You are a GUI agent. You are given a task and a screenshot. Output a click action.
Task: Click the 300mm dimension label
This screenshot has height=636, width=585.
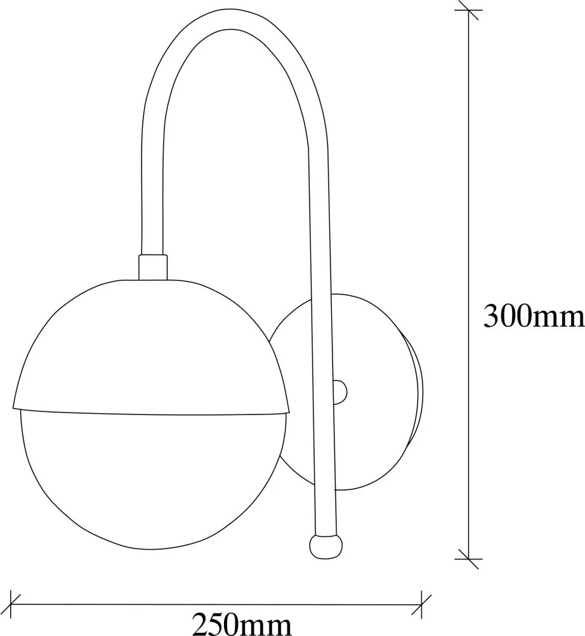tap(534, 315)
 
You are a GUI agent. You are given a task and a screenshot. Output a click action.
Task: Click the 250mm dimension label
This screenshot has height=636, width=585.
tap(242, 624)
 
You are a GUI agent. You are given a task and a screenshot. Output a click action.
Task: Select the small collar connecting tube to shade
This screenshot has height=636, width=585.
tap(153, 267)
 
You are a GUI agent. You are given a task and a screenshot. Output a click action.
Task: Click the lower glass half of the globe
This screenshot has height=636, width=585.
tap(152, 479)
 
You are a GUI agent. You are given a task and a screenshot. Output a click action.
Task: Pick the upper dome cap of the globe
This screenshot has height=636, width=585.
tap(151, 345)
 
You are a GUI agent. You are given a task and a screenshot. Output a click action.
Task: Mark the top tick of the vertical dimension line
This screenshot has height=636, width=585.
tap(469, 10)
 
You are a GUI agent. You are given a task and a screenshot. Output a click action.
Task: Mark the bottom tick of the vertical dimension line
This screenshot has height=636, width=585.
tap(469, 559)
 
